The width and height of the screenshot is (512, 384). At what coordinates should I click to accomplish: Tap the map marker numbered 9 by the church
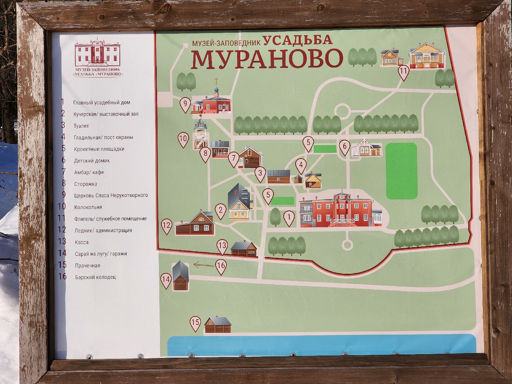coord(185,104)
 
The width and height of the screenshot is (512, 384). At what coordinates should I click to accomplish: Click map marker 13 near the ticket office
coord(222,246)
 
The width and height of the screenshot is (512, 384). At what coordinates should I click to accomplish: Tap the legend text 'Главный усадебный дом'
coord(102,103)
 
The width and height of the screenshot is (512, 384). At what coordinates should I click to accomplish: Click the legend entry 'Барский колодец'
coord(95,277)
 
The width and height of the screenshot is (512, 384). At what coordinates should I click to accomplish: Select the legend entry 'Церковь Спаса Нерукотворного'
coord(111,196)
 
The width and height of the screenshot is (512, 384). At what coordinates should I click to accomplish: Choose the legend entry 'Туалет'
coord(81,126)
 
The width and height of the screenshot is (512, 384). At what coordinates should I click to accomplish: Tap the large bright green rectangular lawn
coord(401,171)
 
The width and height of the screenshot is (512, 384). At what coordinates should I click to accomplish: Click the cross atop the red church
coord(215,80)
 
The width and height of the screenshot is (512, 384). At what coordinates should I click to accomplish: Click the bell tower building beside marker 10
coord(200,135)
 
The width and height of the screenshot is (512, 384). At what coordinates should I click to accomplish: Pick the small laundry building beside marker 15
coord(218,325)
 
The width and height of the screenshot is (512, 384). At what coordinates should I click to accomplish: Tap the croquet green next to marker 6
coord(325,149)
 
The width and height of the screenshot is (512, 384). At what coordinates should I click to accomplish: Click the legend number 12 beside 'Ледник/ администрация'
coord(62,230)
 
